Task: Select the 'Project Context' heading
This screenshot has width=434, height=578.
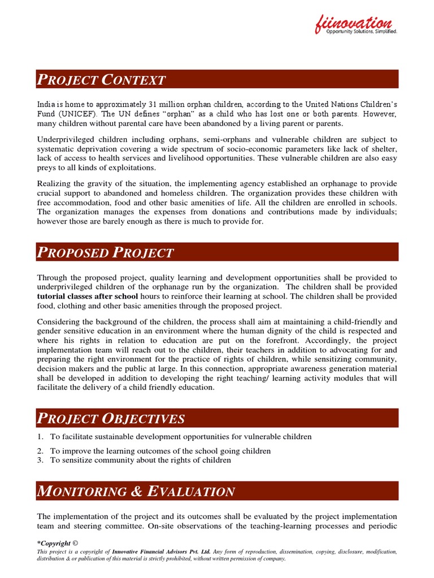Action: (x=102, y=80)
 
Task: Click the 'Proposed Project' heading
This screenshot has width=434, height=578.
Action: (x=106, y=252)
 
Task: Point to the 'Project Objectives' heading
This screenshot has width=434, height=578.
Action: (x=111, y=418)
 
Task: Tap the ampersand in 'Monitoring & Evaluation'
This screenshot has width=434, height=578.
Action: (x=135, y=491)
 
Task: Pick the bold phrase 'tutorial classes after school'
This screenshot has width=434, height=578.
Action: (x=88, y=296)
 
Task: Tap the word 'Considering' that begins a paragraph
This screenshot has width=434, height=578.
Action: (x=59, y=322)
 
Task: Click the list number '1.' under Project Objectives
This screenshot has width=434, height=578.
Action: (x=40, y=437)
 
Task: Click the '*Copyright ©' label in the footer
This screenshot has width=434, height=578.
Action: (x=54, y=543)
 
